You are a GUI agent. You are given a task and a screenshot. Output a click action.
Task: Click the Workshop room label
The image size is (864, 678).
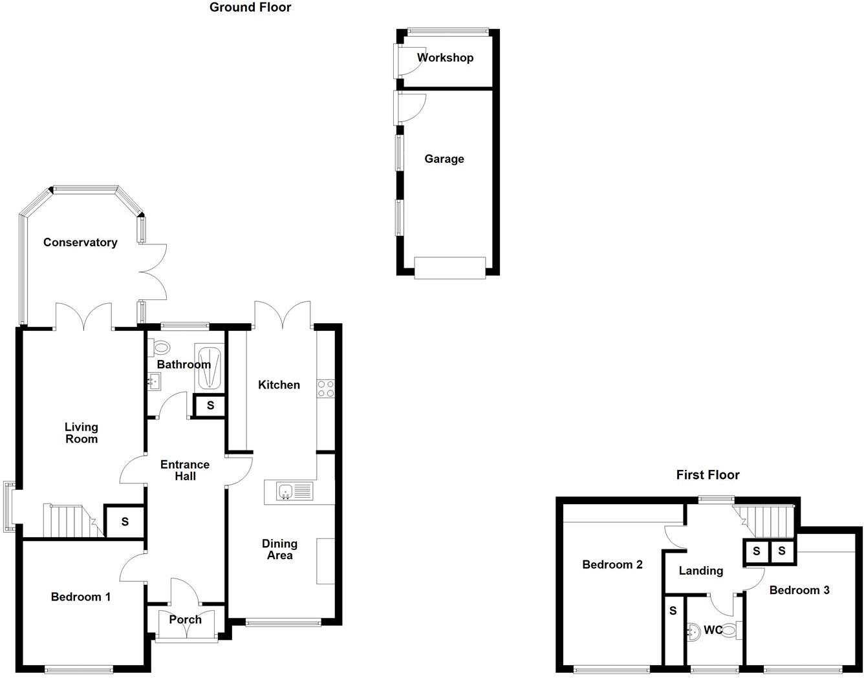[x=445, y=58]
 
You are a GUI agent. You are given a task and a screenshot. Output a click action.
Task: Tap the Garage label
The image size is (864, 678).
[x=444, y=159]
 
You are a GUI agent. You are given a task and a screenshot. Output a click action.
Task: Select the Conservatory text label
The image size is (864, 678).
[x=80, y=242]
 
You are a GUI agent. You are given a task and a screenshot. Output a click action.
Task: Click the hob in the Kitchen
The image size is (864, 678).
[x=325, y=388]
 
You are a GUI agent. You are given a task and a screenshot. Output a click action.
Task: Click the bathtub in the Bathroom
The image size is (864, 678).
[x=210, y=367]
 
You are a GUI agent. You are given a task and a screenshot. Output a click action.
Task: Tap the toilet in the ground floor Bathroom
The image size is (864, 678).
[x=158, y=348]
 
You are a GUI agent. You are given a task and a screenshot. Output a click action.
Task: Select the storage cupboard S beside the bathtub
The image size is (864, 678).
[x=210, y=406]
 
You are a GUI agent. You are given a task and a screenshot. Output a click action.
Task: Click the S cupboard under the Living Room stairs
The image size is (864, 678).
[x=125, y=522]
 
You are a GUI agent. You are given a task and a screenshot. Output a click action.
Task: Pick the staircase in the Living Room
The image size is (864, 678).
[x=67, y=521]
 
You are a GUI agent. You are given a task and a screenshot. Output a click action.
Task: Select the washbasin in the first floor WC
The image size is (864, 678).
[x=693, y=631]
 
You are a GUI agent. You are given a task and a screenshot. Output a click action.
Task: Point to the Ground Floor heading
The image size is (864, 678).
[x=250, y=8]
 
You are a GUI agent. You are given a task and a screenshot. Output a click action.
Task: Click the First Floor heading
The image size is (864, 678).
[x=707, y=475]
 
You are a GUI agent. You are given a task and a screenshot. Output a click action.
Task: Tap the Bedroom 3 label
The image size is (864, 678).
[x=799, y=590]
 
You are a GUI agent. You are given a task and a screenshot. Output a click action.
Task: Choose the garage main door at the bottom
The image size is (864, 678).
[x=449, y=268]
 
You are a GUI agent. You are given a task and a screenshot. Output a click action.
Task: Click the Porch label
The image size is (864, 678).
[x=185, y=620]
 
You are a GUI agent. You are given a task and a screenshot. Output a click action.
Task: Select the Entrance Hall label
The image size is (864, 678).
[x=185, y=470]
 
